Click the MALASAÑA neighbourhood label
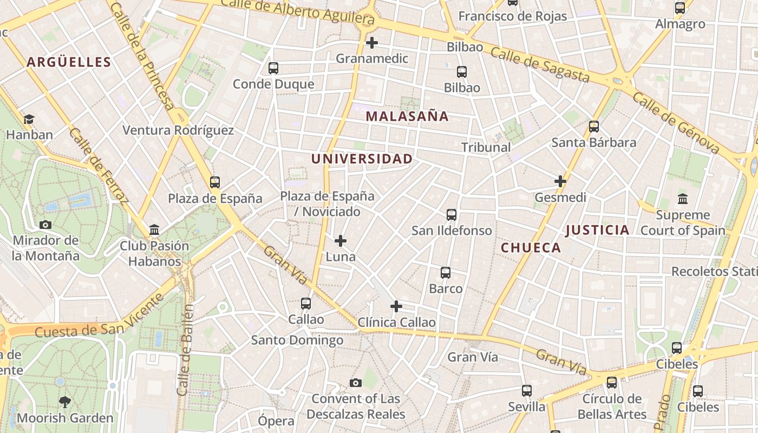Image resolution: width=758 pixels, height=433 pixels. click(x=407, y=116)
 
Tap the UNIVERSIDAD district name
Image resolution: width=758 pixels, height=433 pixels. click(x=362, y=159)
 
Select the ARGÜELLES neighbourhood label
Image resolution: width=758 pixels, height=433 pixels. click(x=69, y=62)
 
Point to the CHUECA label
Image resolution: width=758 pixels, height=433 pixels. click(x=531, y=248)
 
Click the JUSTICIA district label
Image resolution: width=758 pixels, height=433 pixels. click(x=597, y=230)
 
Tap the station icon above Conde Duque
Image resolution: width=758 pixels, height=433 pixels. click(x=273, y=68)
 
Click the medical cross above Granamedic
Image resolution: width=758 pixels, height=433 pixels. click(x=372, y=42)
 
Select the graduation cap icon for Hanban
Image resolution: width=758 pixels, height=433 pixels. click(x=29, y=119)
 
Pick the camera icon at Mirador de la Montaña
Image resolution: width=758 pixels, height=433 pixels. click(x=45, y=225)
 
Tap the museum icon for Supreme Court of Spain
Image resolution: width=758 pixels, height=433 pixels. click(x=683, y=199)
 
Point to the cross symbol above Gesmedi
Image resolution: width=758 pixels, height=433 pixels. click(x=560, y=181)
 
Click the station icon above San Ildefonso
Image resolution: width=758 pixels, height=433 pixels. click(x=452, y=215)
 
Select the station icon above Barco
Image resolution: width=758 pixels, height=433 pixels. click(x=446, y=273)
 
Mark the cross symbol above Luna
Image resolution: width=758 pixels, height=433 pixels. click(x=341, y=240)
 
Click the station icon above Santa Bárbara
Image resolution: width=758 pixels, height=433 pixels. click(x=594, y=127)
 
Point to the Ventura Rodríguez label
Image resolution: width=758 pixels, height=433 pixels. click(x=178, y=130)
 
